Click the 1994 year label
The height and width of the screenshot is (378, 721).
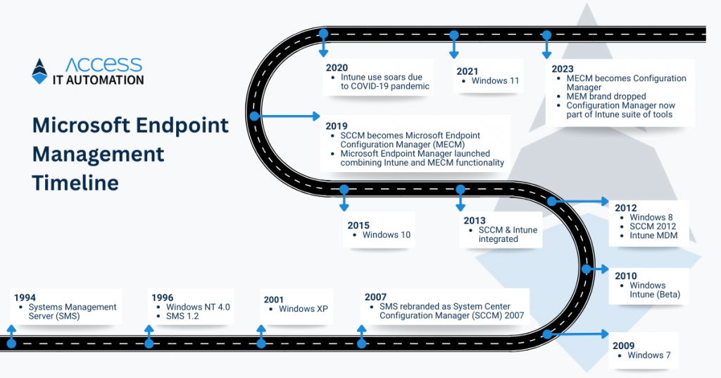(x=25, y=298)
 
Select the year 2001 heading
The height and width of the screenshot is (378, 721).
(x=274, y=300)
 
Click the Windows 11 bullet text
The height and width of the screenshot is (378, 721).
(x=495, y=81)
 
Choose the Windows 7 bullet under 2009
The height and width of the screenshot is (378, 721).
(x=649, y=355)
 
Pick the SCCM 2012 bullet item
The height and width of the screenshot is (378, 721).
(x=653, y=226)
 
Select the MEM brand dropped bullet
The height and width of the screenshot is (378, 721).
(x=606, y=97)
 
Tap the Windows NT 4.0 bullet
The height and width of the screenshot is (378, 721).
(x=198, y=307)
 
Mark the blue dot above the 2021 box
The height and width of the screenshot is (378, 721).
(x=454, y=34)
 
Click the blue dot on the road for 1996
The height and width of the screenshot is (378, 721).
(x=149, y=343)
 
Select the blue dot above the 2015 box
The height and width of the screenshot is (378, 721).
(x=344, y=189)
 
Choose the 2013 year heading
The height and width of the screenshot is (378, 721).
(x=475, y=221)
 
